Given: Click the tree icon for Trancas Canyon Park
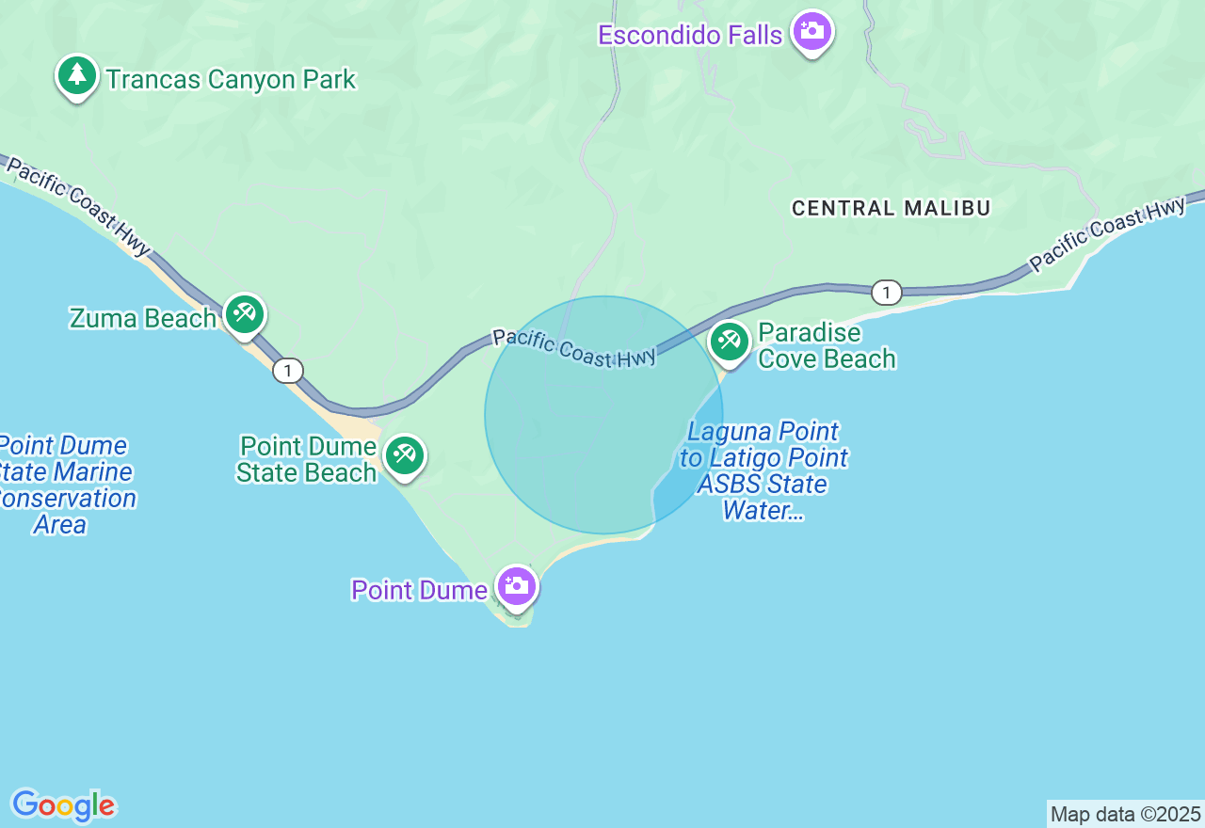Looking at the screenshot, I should [x=77, y=75].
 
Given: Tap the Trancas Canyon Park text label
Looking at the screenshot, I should [x=231, y=80].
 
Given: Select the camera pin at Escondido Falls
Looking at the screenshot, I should [x=811, y=32].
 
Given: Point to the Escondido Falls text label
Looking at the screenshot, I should [x=690, y=36].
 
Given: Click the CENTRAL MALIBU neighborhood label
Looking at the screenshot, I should [x=891, y=208].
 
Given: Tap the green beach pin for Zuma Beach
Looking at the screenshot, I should [x=245, y=313].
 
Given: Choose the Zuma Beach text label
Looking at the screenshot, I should [x=143, y=318].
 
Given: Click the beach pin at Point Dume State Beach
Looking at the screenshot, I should [x=405, y=455].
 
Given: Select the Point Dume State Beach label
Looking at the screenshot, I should [x=307, y=459].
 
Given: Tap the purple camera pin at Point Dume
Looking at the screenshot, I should [x=516, y=586].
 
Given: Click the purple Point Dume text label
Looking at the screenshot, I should [x=419, y=590].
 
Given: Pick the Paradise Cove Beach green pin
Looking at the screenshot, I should [x=729, y=341].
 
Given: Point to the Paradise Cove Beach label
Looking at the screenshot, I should [x=827, y=345].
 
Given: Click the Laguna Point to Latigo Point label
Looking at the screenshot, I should [x=763, y=471].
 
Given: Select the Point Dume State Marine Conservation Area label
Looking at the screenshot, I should [x=64, y=485].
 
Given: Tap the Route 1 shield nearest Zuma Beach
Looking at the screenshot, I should [x=288, y=371].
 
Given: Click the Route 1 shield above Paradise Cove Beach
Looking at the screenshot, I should [x=886, y=293].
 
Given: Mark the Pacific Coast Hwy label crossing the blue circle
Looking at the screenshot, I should [x=573, y=347].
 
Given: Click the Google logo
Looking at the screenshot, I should [x=63, y=806].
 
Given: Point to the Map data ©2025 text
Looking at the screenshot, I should [x=1125, y=814].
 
